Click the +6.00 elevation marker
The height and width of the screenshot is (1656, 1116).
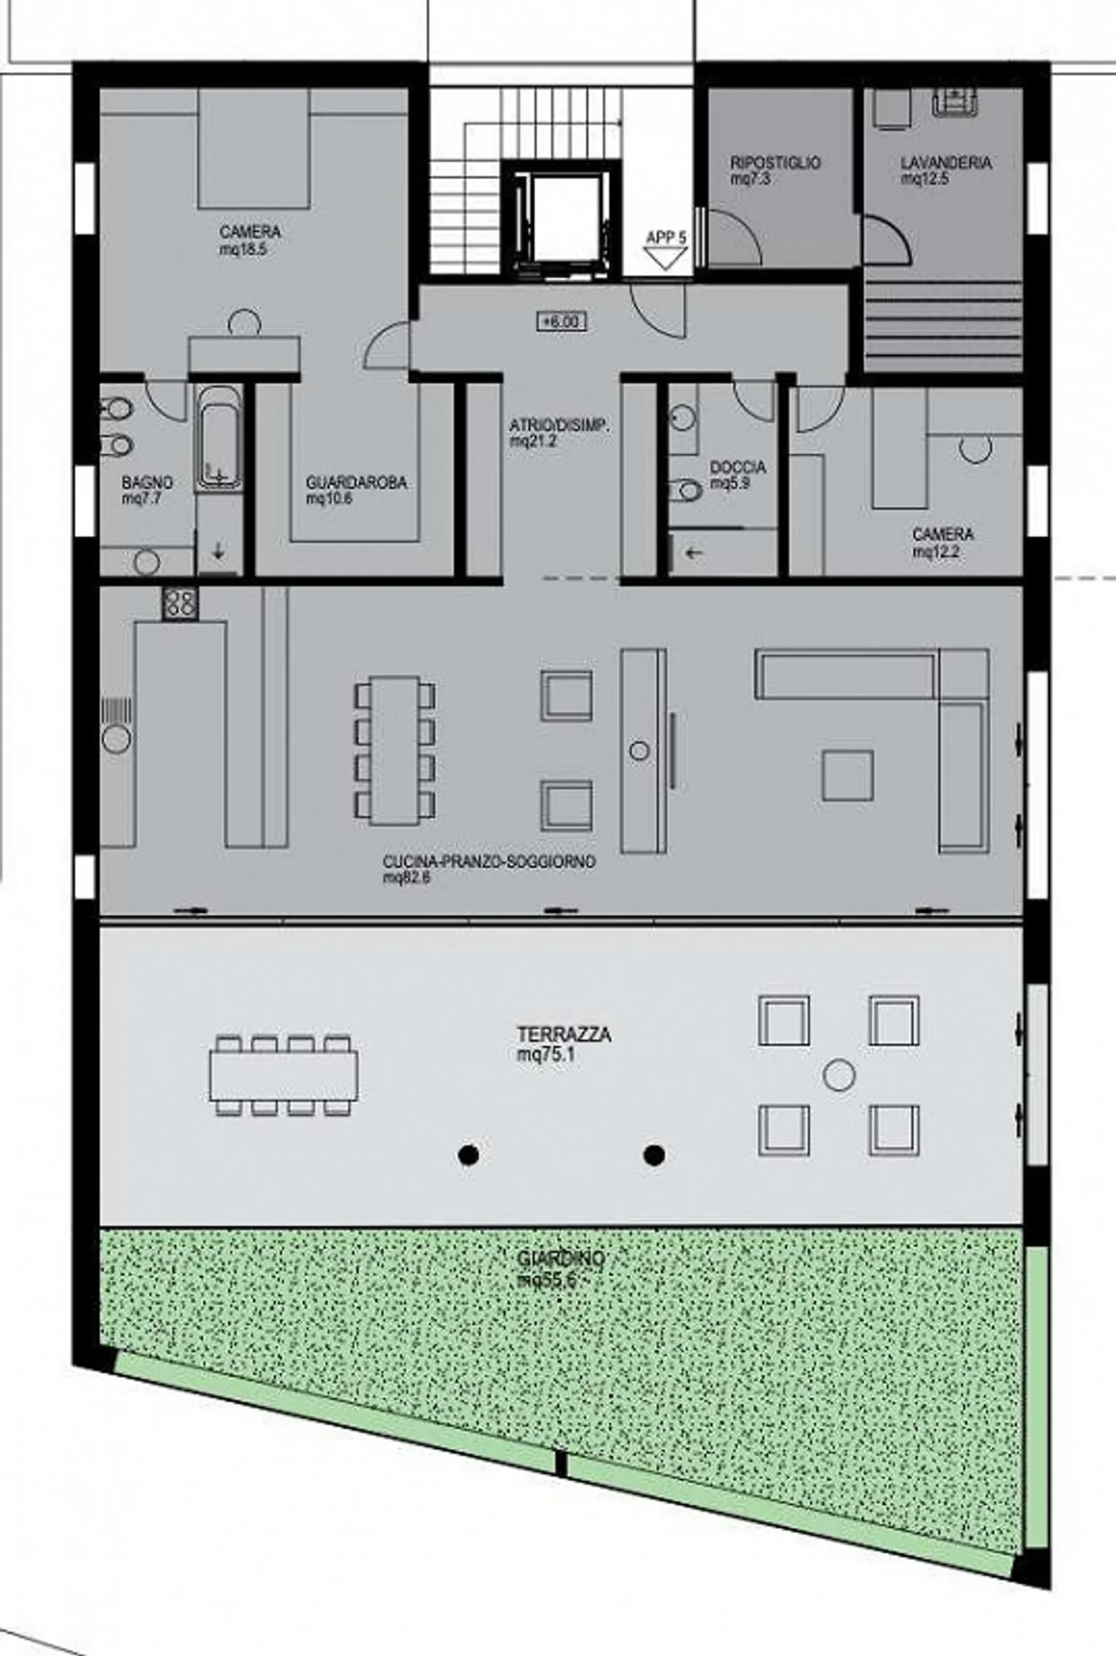[x=561, y=321]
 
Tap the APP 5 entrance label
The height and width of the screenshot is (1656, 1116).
[x=666, y=238]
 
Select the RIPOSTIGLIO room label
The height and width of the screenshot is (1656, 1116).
[x=775, y=163]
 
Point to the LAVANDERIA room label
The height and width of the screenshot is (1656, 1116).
[x=945, y=163]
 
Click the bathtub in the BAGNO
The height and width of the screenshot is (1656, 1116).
[x=218, y=438]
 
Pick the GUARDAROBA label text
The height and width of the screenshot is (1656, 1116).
[x=356, y=483]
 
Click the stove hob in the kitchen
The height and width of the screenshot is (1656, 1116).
[x=180, y=603]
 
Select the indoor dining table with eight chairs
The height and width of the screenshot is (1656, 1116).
[x=394, y=750]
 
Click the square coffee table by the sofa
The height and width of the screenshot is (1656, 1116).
[x=848, y=774]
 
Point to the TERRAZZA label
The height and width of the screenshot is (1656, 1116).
[x=563, y=1035]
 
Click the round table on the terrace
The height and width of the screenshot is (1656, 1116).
[x=839, y=1075]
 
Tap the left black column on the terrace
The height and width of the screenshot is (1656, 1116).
[x=467, y=1155]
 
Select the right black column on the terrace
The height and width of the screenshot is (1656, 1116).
[x=653, y=1155]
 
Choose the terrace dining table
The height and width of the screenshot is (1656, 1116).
[x=284, y=1076]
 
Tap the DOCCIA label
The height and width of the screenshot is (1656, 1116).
[x=738, y=467]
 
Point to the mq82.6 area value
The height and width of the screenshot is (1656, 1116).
[x=406, y=878]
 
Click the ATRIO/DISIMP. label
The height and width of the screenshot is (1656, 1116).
[x=560, y=425]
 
